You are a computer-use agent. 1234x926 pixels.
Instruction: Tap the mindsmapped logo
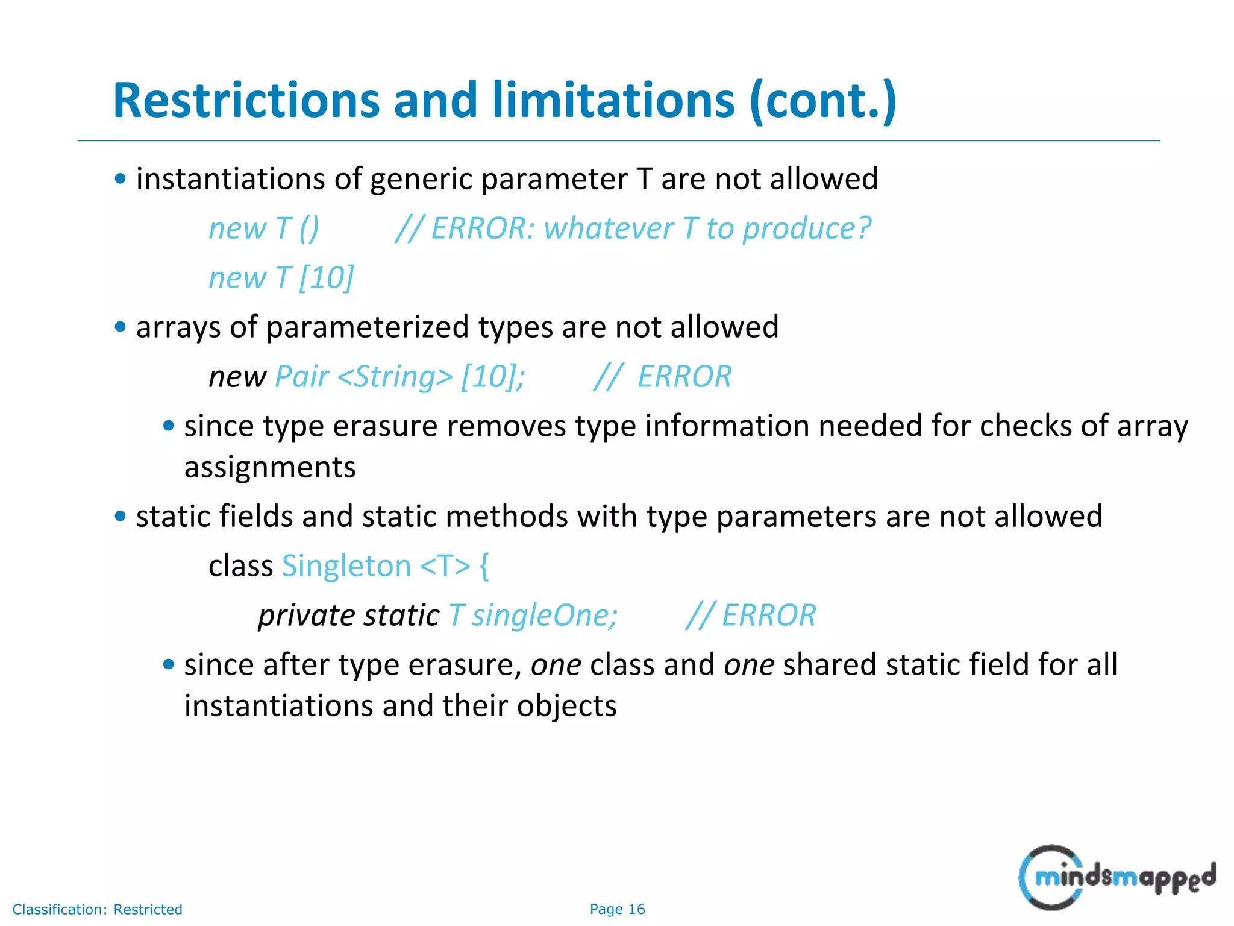1117,878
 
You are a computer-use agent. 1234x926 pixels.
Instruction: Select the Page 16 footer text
617,909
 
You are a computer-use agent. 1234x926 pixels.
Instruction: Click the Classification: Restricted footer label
97,909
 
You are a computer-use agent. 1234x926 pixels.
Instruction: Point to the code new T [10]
281,278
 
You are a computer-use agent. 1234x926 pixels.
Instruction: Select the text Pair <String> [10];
399,377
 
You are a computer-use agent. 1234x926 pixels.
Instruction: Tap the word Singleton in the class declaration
346,566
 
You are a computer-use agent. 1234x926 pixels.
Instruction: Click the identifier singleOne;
545,616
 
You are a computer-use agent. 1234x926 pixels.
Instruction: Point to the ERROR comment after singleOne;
751,616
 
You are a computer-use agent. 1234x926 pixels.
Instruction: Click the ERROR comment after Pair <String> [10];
663,377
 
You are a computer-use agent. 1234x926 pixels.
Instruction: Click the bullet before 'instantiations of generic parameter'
121,179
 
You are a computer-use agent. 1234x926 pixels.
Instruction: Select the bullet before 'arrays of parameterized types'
121,327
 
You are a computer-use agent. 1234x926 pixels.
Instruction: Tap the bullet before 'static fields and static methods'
121,517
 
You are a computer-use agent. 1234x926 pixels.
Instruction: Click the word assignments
270,468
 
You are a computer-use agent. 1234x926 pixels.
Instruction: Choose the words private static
349,616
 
